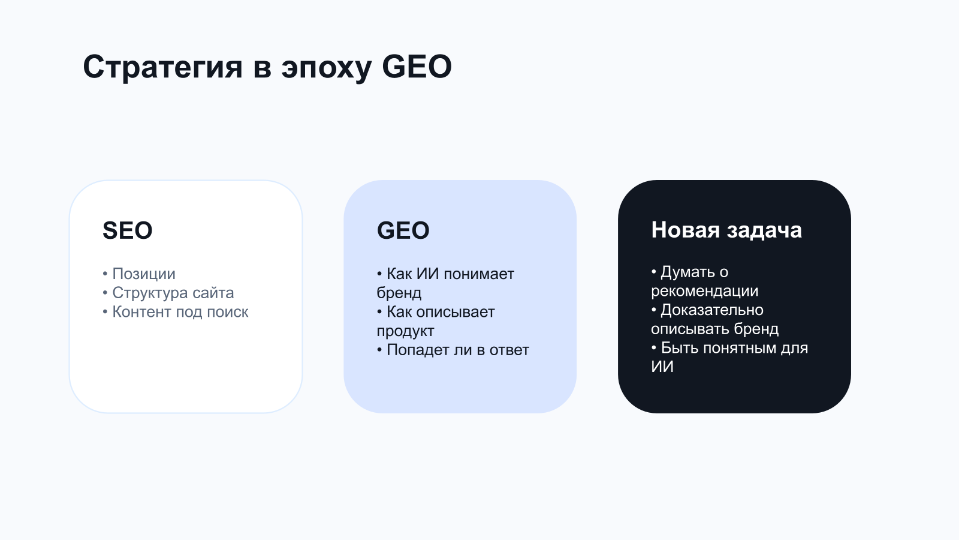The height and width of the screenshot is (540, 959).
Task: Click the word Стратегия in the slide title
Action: click(x=162, y=67)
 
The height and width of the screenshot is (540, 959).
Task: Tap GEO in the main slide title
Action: click(x=417, y=67)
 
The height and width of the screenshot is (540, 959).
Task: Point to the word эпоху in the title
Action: click(x=326, y=68)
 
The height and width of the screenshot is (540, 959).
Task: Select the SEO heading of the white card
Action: click(x=128, y=230)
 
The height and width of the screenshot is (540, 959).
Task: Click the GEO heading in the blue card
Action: click(x=403, y=230)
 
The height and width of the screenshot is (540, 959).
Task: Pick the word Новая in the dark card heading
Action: click(x=685, y=230)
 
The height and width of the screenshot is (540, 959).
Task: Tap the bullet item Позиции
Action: click(x=144, y=274)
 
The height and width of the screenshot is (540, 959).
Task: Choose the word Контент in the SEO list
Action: click(x=140, y=312)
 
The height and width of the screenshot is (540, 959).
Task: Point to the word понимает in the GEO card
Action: click(x=479, y=274)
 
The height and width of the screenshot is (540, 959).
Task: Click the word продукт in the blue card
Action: click(x=405, y=331)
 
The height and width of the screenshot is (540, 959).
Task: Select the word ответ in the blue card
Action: click(x=509, y=350)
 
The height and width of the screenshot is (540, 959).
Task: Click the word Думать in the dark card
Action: click(x=687, y=272)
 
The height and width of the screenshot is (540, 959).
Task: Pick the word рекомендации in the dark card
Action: click(x=705, y=292)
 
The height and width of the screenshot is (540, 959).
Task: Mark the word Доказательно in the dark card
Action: click(x=712, y=310)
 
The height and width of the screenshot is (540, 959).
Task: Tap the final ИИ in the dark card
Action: click(x=662, y=367)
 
